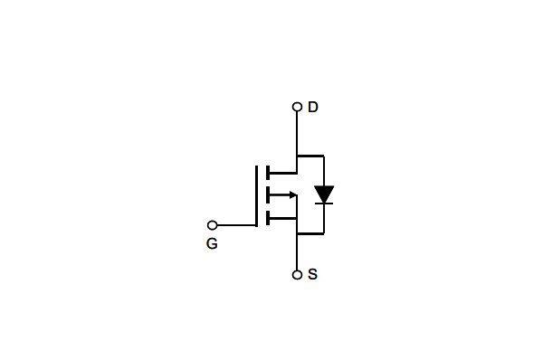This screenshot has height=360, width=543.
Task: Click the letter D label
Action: click(313, 107)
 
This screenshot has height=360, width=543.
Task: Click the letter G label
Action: click(212, 244)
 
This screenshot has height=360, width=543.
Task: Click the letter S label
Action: click(312, 274)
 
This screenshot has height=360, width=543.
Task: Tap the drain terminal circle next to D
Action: click(297, 107)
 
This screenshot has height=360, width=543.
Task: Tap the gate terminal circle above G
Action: click(213, 225)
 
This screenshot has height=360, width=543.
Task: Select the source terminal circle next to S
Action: click(297, 274)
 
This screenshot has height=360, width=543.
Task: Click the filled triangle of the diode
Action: click(324, 194)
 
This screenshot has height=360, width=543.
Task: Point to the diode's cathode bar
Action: click(324, 204)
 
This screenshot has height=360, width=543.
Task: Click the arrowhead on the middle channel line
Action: click(292, 194)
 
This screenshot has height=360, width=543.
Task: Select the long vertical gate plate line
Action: click(257, 194)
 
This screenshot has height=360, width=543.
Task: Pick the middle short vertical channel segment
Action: click(268, 194)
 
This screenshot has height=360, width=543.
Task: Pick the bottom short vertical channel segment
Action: click(268, 217)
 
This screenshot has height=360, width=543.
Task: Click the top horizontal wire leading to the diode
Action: click(310, 156)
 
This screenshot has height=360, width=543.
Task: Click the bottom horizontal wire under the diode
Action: click(310, 233)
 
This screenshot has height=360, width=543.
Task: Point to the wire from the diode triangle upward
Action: click(324, 170)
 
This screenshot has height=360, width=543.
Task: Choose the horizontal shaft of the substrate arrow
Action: click(279, 194)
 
